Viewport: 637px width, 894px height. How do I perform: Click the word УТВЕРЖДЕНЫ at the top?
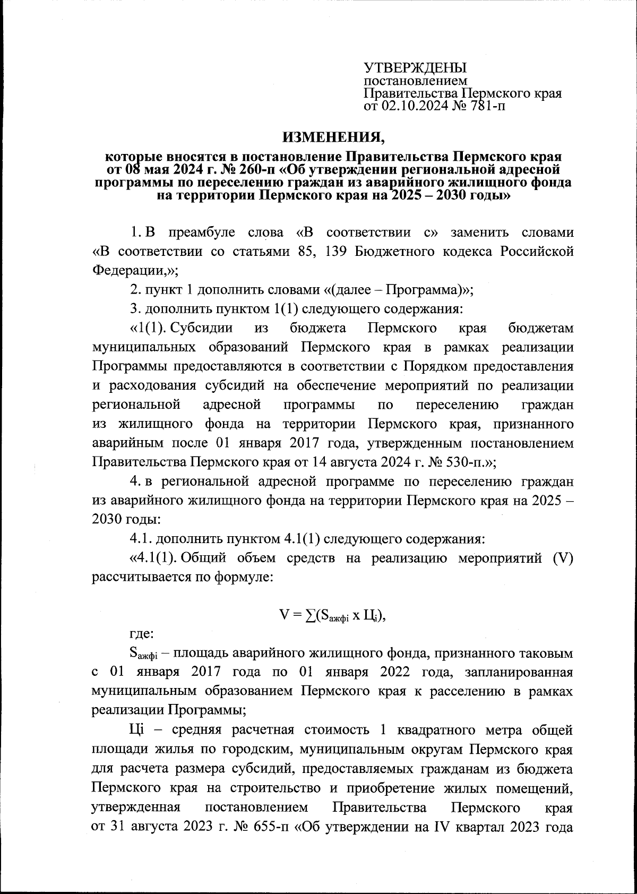(415, 68)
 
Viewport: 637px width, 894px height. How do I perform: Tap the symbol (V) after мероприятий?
(562, 558)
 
